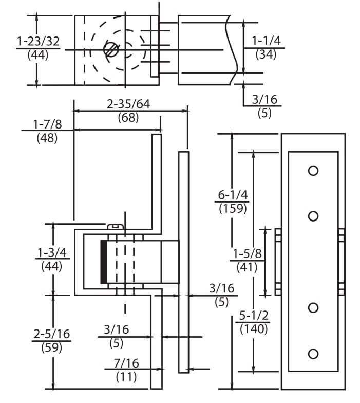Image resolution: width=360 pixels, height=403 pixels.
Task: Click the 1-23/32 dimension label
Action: (38, 41)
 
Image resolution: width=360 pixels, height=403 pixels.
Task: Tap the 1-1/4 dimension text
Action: (266, 41)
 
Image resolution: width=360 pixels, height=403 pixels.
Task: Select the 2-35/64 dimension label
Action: (128, 104)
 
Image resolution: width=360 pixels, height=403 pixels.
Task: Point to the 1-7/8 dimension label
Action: (47, 124)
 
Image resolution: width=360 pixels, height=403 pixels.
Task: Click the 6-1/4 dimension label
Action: (233, 195)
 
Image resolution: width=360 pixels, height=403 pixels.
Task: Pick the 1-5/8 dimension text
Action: (247, 254)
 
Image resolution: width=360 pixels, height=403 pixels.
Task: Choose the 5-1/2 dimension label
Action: (254, 316)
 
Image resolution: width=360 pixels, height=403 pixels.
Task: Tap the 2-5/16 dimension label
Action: (51, 334)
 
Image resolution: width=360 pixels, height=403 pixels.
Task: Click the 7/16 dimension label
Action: (126, 363)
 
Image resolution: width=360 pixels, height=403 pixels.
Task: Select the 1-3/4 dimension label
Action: (52, 253)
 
